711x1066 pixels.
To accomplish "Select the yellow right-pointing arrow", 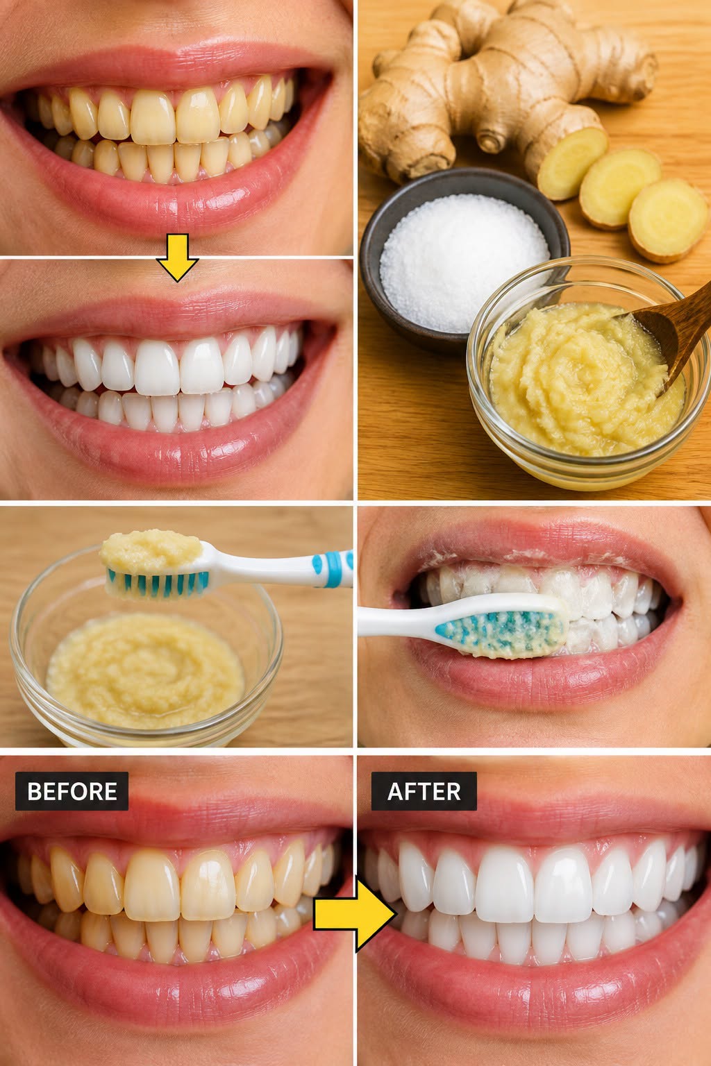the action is click(x=355, y=914).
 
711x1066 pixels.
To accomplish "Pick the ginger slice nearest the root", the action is click(x=571, y=163).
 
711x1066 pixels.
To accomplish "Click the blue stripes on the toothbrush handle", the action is click(x=333, y=568).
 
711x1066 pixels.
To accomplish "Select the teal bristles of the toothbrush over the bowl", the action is click(x=158, y=584).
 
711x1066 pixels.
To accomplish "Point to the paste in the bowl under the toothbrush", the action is click(x=145, y=671).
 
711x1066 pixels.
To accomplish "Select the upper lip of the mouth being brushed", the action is click(x=538, y=543).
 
